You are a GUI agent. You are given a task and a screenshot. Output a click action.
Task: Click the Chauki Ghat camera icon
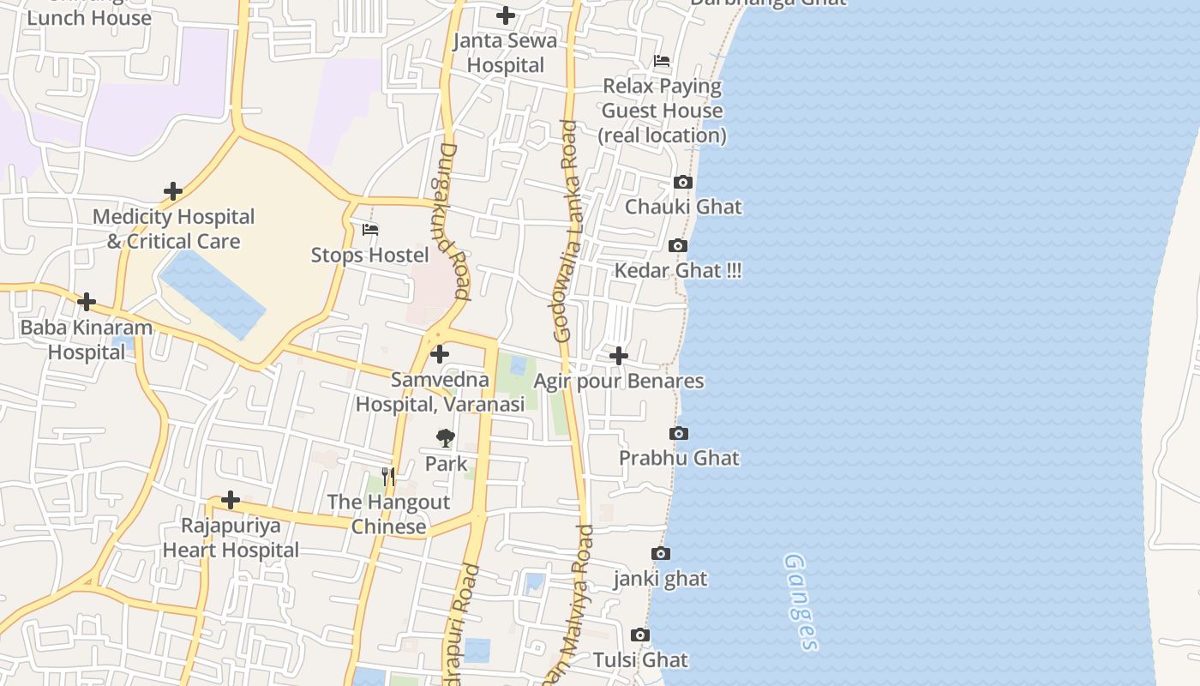pyautogui.click(x=683, y=182)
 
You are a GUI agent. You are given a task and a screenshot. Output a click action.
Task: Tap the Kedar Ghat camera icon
pyautogui.click(x=678, y=246)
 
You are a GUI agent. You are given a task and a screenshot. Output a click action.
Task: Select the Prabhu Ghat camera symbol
pyautogui.click(x=679, y=433)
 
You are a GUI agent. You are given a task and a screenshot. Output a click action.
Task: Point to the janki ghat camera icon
pyautogui.click(x=661, y=553)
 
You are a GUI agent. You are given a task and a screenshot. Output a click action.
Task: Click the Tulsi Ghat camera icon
pyautogui.click(x=640, y=635)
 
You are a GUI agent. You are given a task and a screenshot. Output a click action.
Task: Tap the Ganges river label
pyautogui.click(x=801, y=602)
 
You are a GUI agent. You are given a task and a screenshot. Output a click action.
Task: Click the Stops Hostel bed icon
pyautogui.click(x=370, y=230)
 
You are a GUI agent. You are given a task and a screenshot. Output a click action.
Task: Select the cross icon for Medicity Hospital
pyautogui.click(x=173, y=191)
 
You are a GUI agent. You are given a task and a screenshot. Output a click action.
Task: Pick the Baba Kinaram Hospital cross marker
pyautogui.click(x=87, y=302)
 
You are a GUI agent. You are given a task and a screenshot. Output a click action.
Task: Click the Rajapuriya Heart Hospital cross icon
pyautogui.click(x=231, y=499)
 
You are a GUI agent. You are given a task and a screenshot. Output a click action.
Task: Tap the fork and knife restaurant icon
pyautogui.click(x=389, y=476)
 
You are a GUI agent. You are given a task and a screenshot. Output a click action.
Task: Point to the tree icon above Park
pyautogui.click(x=445, y=438)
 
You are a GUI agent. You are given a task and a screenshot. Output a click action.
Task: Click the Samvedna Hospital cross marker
pyautogui.click(x=440, y=353)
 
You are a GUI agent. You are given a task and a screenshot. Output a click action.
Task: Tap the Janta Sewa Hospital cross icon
pyautogui.click(x=506, y=15)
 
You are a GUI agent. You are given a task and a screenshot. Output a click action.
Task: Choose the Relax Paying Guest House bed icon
pyautogui.click(x=662, y=61)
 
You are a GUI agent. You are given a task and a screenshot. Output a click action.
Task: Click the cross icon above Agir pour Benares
pyautogui.click(x=619, y=355)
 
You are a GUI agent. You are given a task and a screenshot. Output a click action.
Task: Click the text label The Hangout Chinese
pyautogui.click(x=388, y=514)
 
